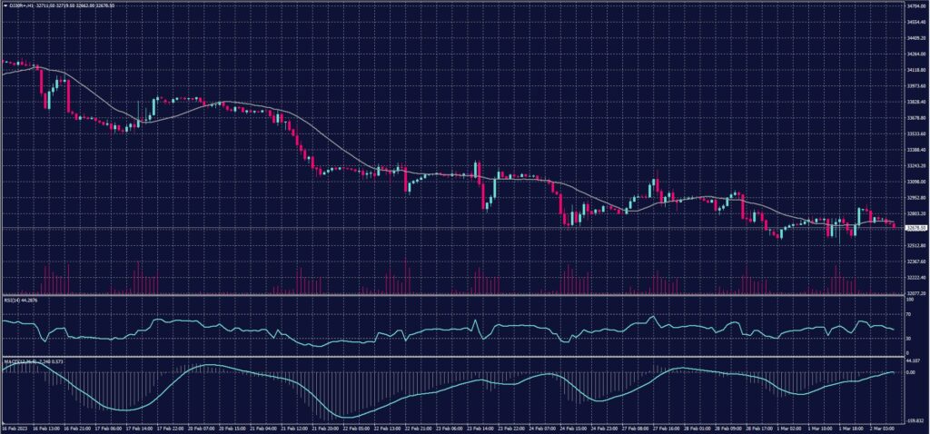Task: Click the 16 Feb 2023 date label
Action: click(15, 426)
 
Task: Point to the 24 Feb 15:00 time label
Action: click(571, 426)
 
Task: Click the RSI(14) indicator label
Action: click(15, 299)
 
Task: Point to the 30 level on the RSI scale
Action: click(909, 339)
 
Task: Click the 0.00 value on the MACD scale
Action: click(911, 372)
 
